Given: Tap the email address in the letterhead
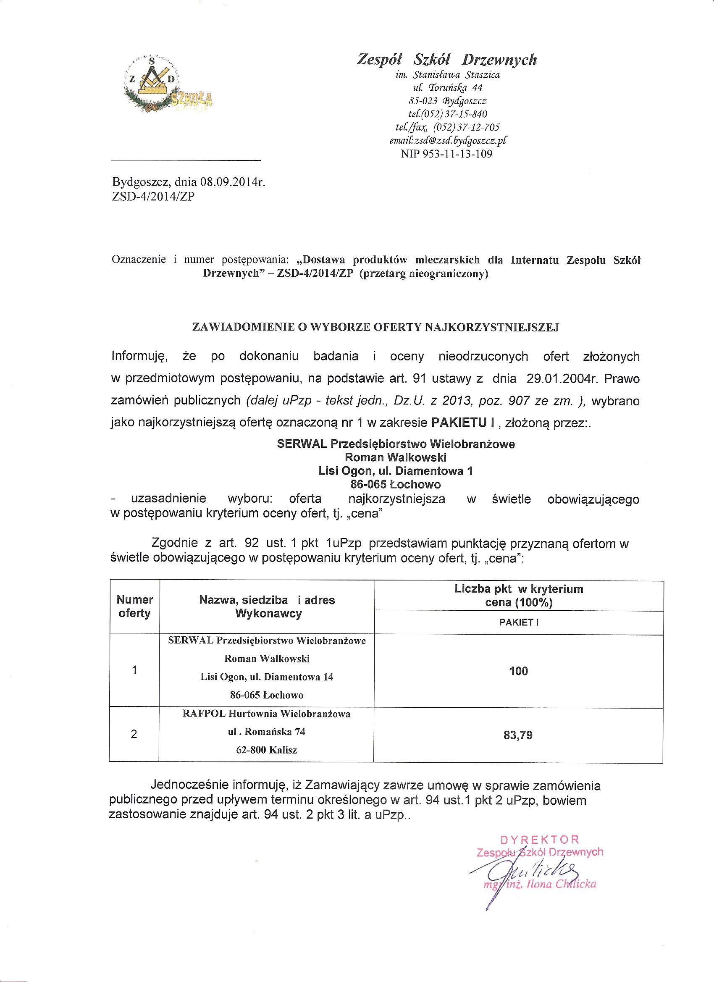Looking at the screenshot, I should [448, 140].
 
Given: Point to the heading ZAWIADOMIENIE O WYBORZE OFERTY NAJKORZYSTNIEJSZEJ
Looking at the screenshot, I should [375, 328].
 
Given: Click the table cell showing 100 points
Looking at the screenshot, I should [518, 671].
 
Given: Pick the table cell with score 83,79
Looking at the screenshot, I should [518, 735].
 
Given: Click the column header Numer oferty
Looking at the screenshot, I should [135, 606].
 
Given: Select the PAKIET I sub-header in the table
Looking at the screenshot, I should [518, 622].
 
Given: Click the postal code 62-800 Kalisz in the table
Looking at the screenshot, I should [266, 750].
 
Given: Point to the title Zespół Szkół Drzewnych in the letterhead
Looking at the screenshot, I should [446, 59].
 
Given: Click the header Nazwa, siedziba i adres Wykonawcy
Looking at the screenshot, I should [267, 606].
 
